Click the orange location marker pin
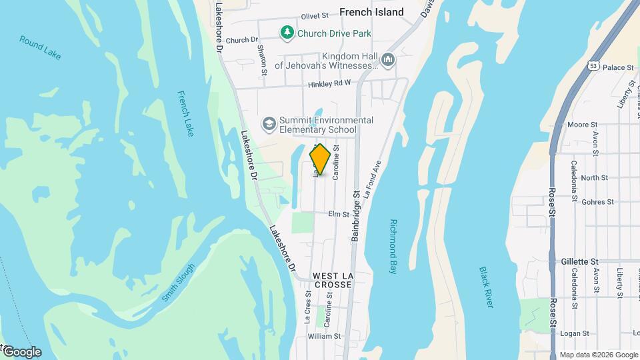[x=321, y=159]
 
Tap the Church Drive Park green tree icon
[x=287, y=33]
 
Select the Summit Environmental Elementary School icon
[x=269, y=123]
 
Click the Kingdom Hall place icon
[x=388, y=60]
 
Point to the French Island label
[x=371, y=12]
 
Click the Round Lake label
[x=40, y=48]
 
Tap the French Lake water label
[x=186, y=113]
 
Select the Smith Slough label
[x=178, y=283]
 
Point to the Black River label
[x=486, y=287]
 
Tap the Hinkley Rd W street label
[x=329, y=84]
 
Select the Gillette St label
[x=580, y=262]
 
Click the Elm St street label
[x=339, y=214]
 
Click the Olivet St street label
[x=315, y=15]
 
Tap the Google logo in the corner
[x=21, y=352]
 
